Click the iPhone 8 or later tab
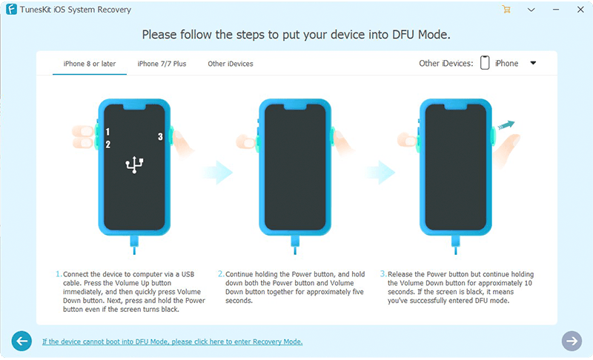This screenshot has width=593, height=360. (x=89, y=64)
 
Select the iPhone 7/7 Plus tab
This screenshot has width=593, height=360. (x=162, y=64)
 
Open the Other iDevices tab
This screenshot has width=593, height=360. (x=231, y=64)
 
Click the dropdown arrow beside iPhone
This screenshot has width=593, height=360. (x=533, y=64)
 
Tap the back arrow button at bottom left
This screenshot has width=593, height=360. (x=21, y=341)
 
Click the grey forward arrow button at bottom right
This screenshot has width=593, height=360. (x=572, y=341)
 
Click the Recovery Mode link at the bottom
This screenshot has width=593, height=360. (x=172, y=341)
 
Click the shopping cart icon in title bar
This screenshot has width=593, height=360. (x=506, y=10)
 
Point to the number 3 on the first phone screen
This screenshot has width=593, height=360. (x=160, y=136)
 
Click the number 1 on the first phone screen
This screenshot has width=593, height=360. (x=107, y=131)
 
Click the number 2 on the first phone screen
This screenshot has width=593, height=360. (x=107, y=144)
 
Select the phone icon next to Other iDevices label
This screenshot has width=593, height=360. (x=485, y=63)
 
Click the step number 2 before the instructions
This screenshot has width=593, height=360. (x=221, y=274)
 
